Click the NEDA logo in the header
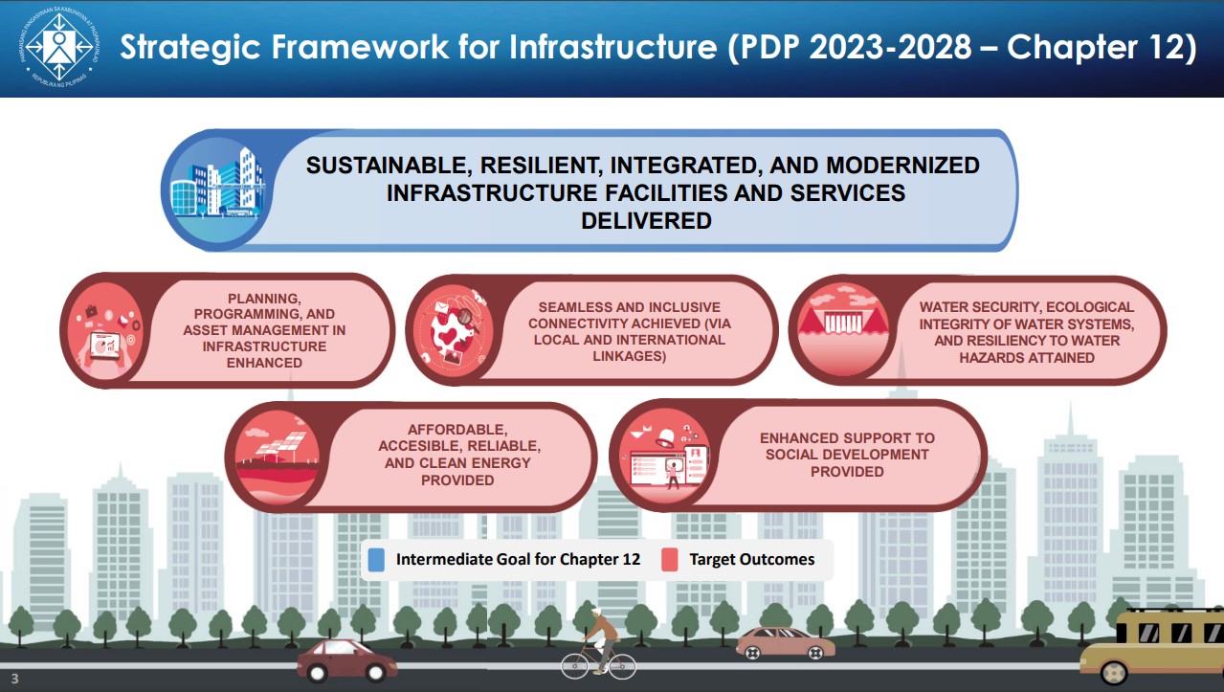point(59,48)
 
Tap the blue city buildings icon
point(217,190)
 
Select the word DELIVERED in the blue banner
point(646,221)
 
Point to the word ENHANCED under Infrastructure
point(264,363)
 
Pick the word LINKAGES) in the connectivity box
point(630,356)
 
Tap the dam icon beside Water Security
point(843,329)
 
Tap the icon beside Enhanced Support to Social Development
point(664,456)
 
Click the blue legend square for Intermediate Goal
point(376,560)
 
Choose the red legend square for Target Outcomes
point(669,560)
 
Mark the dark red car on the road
point(346,660)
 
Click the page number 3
point(14,679)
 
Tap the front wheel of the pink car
point(814,653)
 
